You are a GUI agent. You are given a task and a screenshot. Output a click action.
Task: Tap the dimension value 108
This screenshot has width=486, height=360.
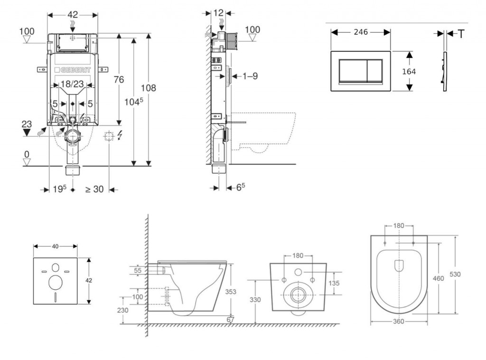point(148,88)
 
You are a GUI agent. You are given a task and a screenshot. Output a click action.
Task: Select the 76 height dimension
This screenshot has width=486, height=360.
point(119,79)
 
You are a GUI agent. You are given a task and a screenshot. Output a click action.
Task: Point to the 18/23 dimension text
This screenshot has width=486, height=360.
point(73,85)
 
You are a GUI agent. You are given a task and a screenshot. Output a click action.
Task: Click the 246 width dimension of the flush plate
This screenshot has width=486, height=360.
point(361,32)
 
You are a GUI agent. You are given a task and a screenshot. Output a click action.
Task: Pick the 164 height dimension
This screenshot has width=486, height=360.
point(409,71)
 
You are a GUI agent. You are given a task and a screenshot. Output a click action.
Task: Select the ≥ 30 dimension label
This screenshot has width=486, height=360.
point(94,189)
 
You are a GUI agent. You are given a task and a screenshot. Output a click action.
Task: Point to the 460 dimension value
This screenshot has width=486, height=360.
point(439,278)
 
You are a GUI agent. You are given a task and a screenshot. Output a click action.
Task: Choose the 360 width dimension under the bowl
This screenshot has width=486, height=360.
point(399,322)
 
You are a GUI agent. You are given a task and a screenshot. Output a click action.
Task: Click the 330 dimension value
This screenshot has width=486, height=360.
point(255,300)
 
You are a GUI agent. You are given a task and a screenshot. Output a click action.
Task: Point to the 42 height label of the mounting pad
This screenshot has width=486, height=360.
point(89,280)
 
